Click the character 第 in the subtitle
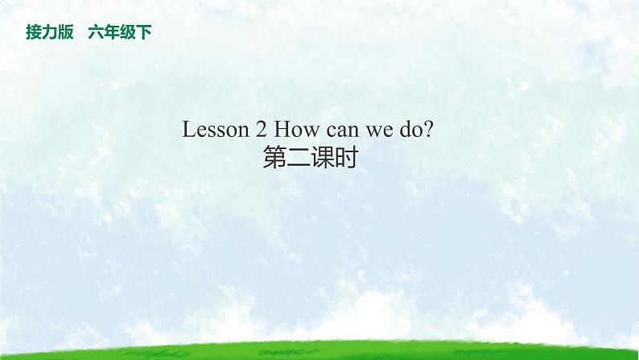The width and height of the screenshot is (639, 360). pos(274,158)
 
